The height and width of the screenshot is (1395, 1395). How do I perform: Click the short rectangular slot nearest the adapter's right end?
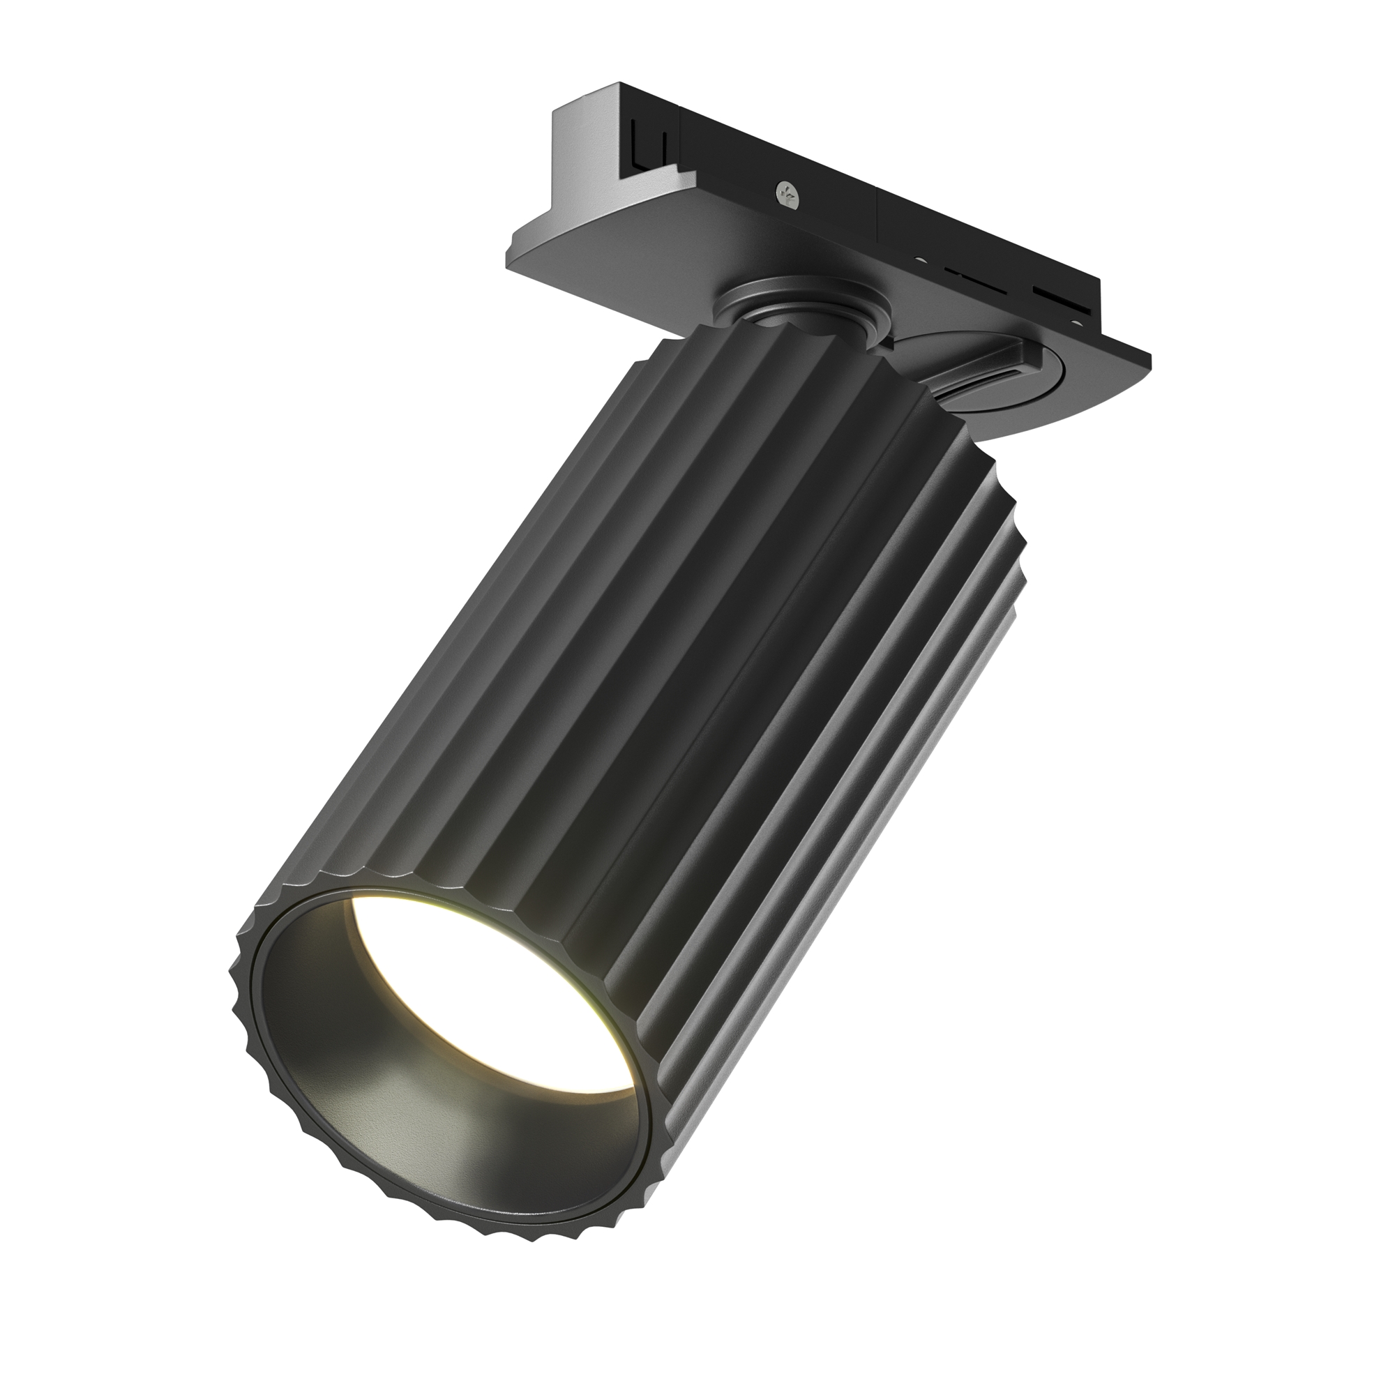1056,293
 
